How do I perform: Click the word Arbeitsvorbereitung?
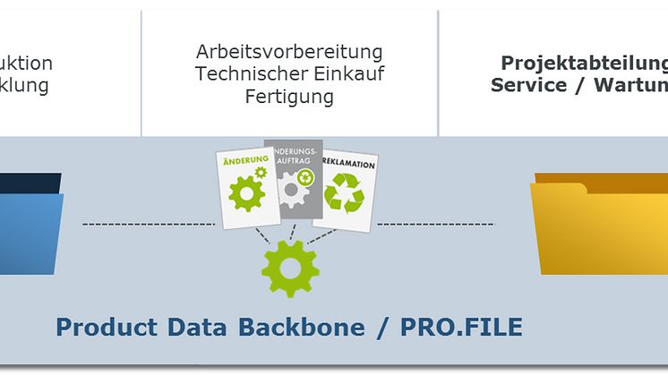[289, 51]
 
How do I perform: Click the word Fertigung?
[289, 96]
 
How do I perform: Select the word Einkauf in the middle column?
[352, 73]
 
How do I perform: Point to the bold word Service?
[529, 85]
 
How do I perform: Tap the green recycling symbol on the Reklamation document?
[344, 192]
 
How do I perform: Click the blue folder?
[31, 224]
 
